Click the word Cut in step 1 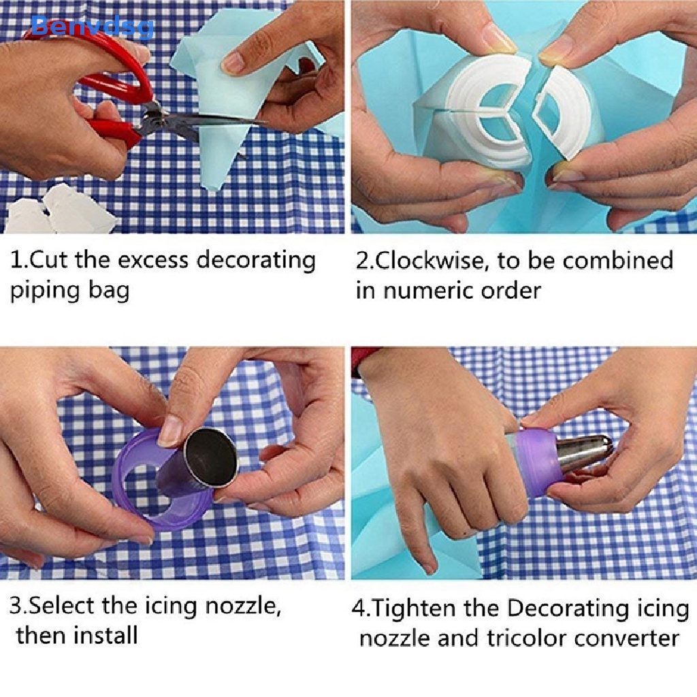tap(50, 260)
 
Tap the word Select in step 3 tap(63, 605)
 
